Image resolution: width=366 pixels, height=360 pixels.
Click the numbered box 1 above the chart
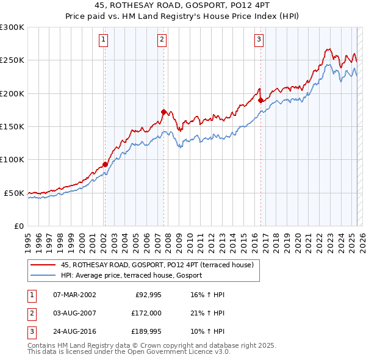click(104, 40)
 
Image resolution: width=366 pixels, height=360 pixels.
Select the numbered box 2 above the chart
click(162, 40)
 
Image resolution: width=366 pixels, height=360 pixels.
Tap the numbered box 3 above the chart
click(259, 40)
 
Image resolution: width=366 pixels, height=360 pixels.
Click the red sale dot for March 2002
click(105, 164)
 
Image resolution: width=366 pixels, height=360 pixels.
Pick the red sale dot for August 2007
click(163, 112)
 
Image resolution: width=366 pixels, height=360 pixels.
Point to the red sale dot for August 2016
click(260, 100)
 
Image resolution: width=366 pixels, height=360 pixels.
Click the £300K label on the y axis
click(12, 27)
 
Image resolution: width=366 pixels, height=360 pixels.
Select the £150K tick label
click(12, 127)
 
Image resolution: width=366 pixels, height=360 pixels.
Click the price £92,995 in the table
click(145, 294)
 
